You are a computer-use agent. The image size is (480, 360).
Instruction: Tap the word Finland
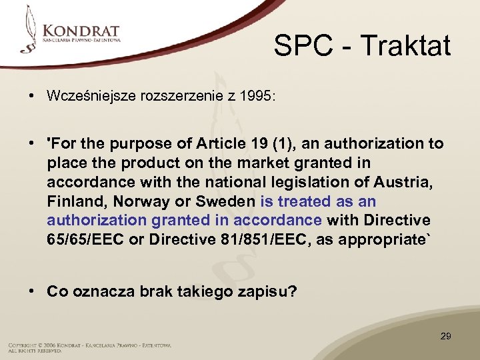[73, 201]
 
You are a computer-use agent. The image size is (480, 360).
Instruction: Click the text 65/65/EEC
[84, 240]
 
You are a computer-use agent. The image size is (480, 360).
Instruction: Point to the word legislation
[302, 182]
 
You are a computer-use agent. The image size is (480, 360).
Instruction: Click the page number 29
[445, 336]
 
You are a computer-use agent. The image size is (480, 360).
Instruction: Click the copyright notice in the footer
[89, 347]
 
